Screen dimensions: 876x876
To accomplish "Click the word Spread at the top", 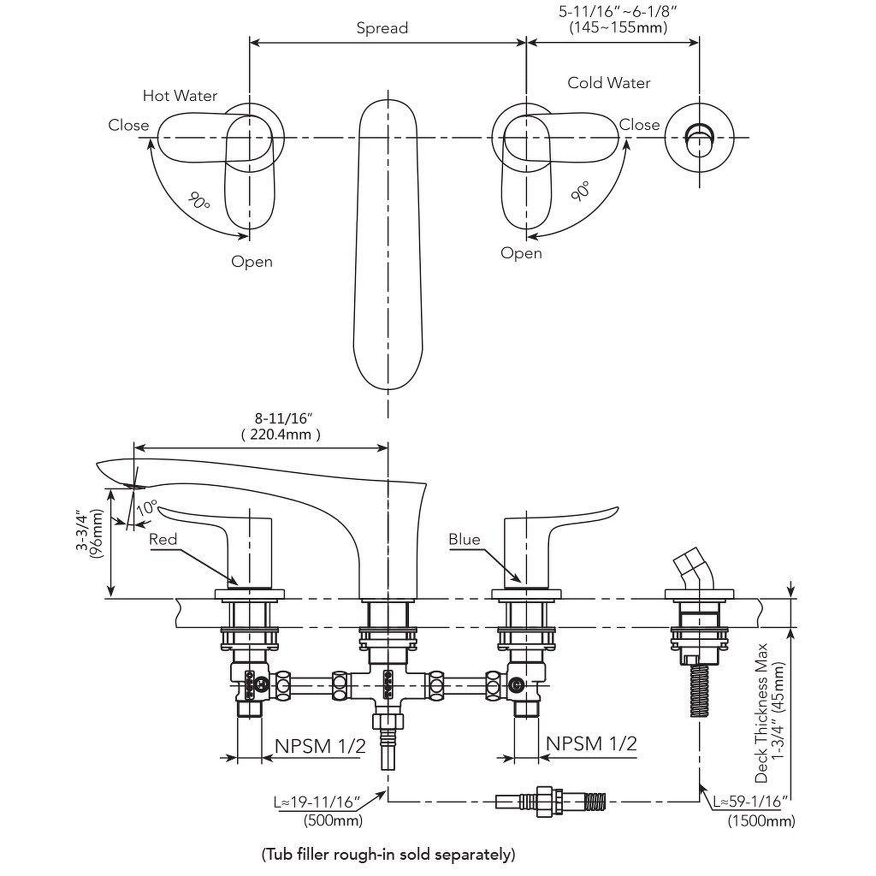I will tap(382, 28).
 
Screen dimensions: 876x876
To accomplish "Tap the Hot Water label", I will tap(180, 96).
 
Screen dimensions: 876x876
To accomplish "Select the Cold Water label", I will tap(609, 83).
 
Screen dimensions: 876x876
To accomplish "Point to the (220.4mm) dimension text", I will tap(280, 435).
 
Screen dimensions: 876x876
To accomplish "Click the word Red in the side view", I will tap(163, 539).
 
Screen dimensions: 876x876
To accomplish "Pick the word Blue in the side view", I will tap(464, 539).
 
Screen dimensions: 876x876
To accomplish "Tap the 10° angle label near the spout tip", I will tap(146, 507).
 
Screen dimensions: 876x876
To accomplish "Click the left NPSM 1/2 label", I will tap(320, 746).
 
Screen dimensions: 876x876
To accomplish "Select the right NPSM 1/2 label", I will tap(591, 744).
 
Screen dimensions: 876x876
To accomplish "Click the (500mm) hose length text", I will tap(333, 820).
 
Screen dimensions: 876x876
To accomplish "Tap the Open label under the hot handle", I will tap(252, 262).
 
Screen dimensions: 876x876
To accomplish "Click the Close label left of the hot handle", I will tap(128, 125).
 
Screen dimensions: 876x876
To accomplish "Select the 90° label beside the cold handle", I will tap(581, 191).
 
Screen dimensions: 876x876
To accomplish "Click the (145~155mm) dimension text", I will tap(618, 27).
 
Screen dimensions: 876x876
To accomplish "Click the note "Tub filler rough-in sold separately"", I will tap(388, 855).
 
